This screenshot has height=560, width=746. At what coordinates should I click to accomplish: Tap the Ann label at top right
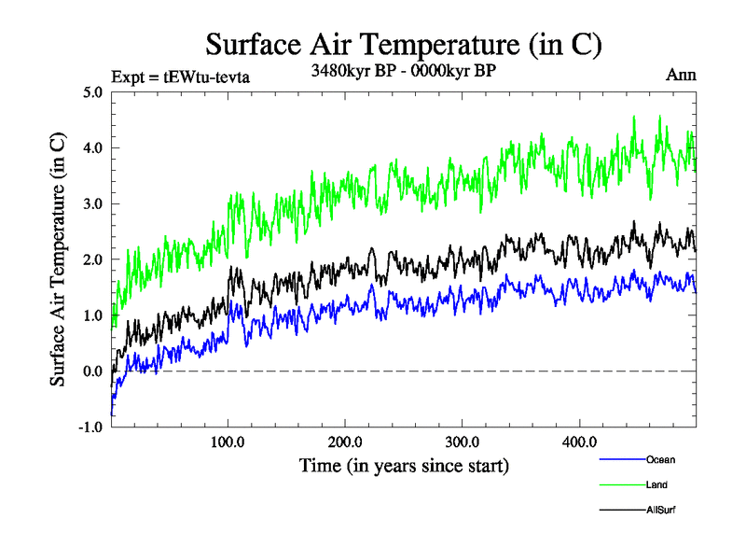click(681, 76)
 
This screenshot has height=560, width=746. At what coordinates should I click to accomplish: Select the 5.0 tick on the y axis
click(93, 91)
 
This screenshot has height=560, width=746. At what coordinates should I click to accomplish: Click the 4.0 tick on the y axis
click(93, 147)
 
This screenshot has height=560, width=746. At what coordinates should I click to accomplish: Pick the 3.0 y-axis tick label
click(93, 203)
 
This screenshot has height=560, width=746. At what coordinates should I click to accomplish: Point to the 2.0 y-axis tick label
click(93, 259)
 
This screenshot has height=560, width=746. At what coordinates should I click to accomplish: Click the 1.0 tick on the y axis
click(93, 315)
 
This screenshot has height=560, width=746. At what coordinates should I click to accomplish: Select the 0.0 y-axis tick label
click(93, 371)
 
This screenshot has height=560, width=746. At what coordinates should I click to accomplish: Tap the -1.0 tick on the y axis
click(91, 427)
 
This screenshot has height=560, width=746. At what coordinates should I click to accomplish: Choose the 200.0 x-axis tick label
click(345, 441)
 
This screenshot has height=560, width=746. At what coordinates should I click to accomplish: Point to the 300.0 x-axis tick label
click(463, 441)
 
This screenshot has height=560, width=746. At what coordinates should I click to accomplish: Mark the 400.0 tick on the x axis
click(579, 441)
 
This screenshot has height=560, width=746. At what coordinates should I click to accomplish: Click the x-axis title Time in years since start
click(404, 465)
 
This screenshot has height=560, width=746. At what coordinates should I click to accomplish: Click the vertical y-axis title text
click(58, 259)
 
